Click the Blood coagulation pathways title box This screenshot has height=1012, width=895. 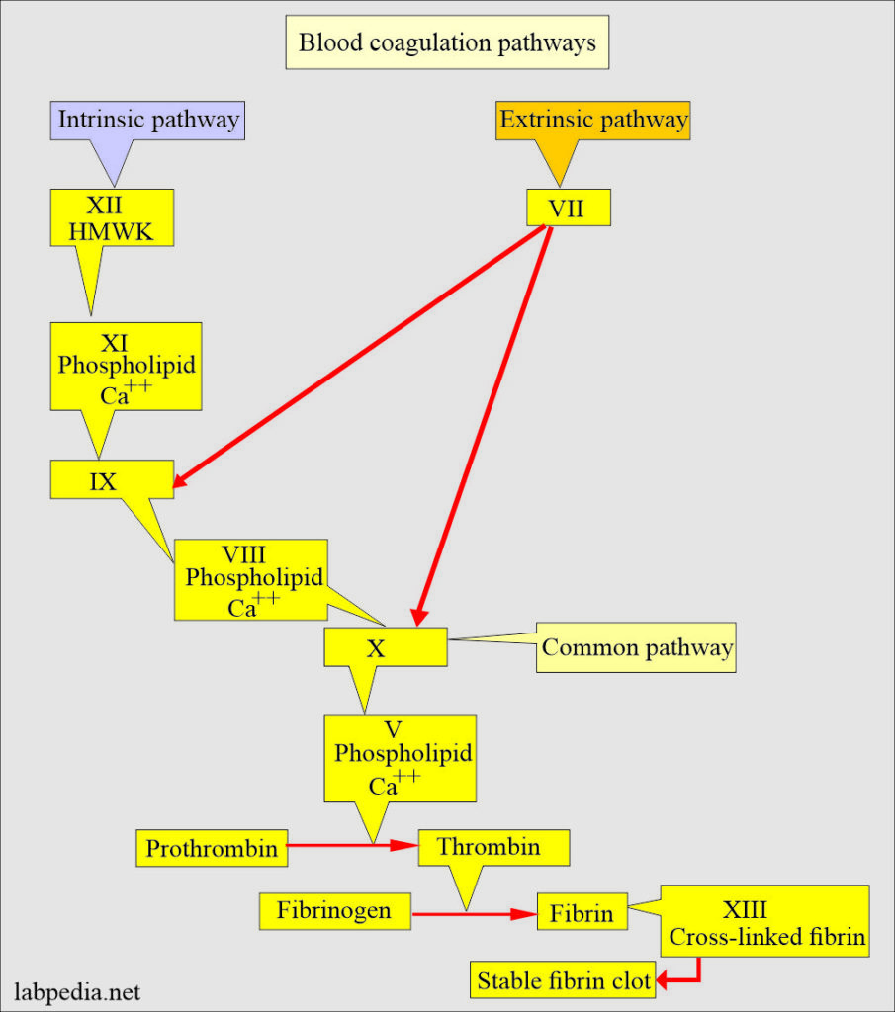click(447, 43)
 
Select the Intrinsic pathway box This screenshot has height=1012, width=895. click(148, 121)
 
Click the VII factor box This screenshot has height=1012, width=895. click(567, 208)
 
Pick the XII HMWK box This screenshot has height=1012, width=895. click(112, 217)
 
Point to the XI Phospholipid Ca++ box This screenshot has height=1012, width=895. click(126, 365)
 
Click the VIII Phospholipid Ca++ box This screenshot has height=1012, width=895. click(251, 579)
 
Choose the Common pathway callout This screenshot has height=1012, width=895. click(637, 647)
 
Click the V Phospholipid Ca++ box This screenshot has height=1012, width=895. click(400, 757)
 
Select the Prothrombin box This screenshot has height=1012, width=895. click(212, 848)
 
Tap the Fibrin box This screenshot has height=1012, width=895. click(582, 912)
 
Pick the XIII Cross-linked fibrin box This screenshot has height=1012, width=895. click(763, 921)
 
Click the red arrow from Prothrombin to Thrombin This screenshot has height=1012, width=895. click(352, 846)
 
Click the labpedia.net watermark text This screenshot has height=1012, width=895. click(77, 989)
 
